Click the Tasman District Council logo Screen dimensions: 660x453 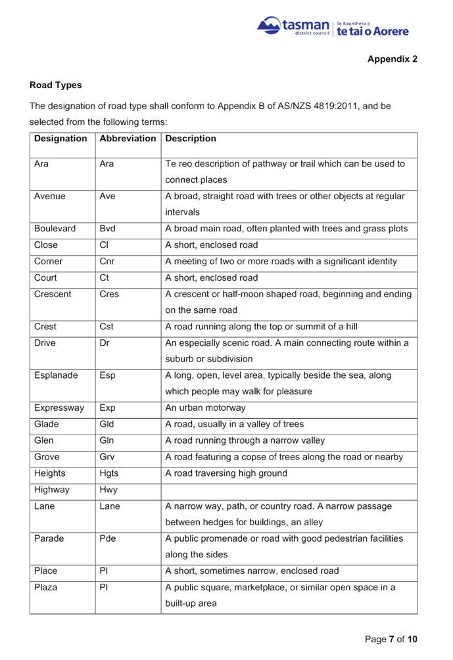(333, 28)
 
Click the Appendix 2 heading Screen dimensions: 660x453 (392, 59)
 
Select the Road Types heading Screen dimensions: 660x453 (56, 85)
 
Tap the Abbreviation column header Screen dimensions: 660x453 (128, 139)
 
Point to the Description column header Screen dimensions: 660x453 (191, 139)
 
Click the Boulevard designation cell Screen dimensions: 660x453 (55, 229)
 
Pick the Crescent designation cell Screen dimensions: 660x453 (54, 294)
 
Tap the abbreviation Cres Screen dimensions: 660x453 (108, 294)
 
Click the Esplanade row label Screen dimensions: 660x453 (57, 375)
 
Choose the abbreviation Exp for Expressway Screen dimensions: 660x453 (107, 408)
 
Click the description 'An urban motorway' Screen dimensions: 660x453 (205, 408)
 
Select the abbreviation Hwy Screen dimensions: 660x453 (108, 490)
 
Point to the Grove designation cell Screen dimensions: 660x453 (47, 457)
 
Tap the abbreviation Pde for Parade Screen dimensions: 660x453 (108, 538)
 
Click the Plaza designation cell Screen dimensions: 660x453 (46, 587)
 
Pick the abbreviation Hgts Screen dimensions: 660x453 (109, 473)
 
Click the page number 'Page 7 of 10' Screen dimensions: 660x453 (391, 639)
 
